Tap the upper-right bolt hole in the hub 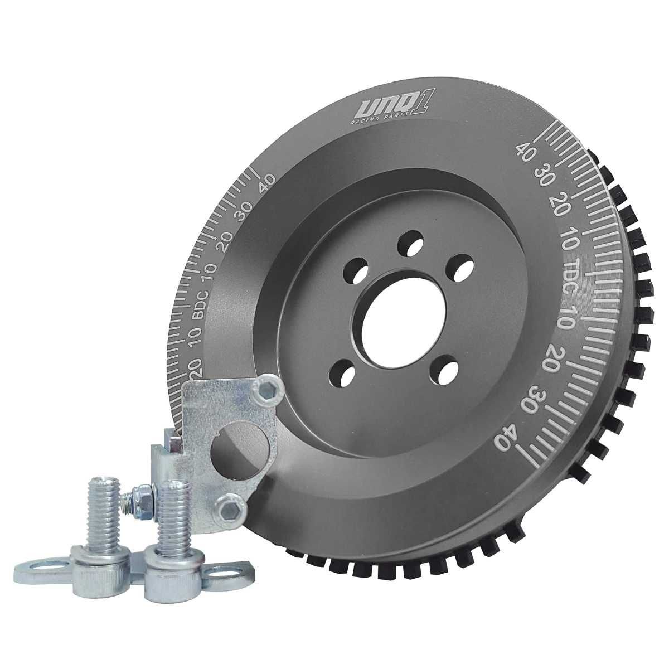460,268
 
